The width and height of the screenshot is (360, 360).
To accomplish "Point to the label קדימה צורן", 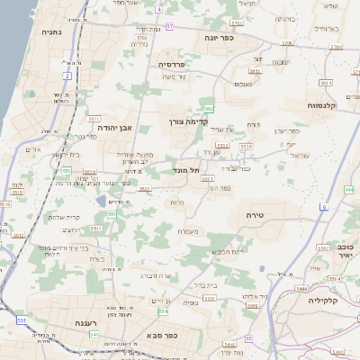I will click(x=188, y=120).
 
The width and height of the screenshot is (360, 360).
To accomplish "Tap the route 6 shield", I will click(x=324, y=206).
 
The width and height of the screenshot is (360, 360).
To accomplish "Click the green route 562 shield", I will click(x=209, y=109).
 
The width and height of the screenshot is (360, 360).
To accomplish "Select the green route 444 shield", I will click(x=348, y=191).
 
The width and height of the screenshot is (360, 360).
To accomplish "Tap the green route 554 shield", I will click(x=163, y=311).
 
